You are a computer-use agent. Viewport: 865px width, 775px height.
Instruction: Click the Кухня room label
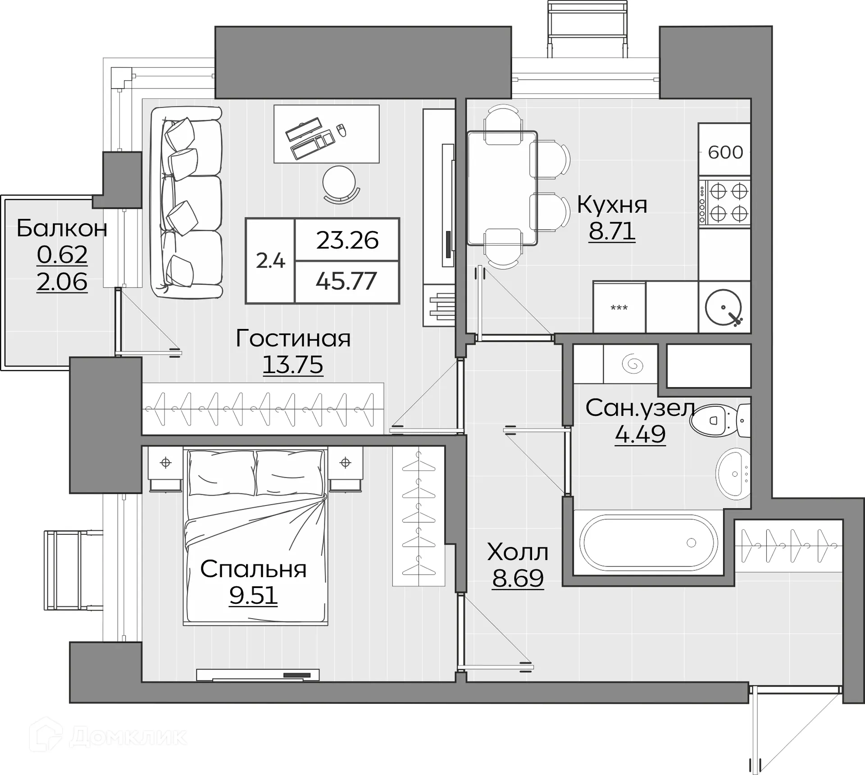(x=612, y=205)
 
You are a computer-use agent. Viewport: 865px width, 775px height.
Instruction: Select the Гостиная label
(x=293, y=338)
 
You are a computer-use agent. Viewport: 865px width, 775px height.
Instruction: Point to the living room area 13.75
(x=293, y=365)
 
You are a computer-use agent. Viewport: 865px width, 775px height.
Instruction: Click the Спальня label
(x=253, y=569)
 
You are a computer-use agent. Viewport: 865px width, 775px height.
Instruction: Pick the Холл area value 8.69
(x=518, y=578)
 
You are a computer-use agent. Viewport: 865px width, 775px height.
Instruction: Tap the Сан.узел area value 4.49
(x=640, y=434)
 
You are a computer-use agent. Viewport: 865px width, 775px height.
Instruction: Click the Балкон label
(x=62, y=228)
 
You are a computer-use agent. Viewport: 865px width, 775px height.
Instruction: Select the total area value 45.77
(x=346, y=281)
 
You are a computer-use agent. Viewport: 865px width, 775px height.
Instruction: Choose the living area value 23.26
(x=347, y=240)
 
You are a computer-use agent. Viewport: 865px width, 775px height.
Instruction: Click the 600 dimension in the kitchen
(x=725, y=153)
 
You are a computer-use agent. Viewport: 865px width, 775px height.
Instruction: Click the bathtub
(x=649, y=543)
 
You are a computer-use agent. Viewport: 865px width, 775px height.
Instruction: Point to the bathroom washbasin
(x=733, y=474)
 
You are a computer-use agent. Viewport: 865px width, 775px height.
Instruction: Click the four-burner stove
(x=724, y=203)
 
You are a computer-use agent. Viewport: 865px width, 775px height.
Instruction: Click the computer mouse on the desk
(x=342, y=130)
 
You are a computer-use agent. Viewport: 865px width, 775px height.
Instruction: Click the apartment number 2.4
(x=270, y=260)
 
